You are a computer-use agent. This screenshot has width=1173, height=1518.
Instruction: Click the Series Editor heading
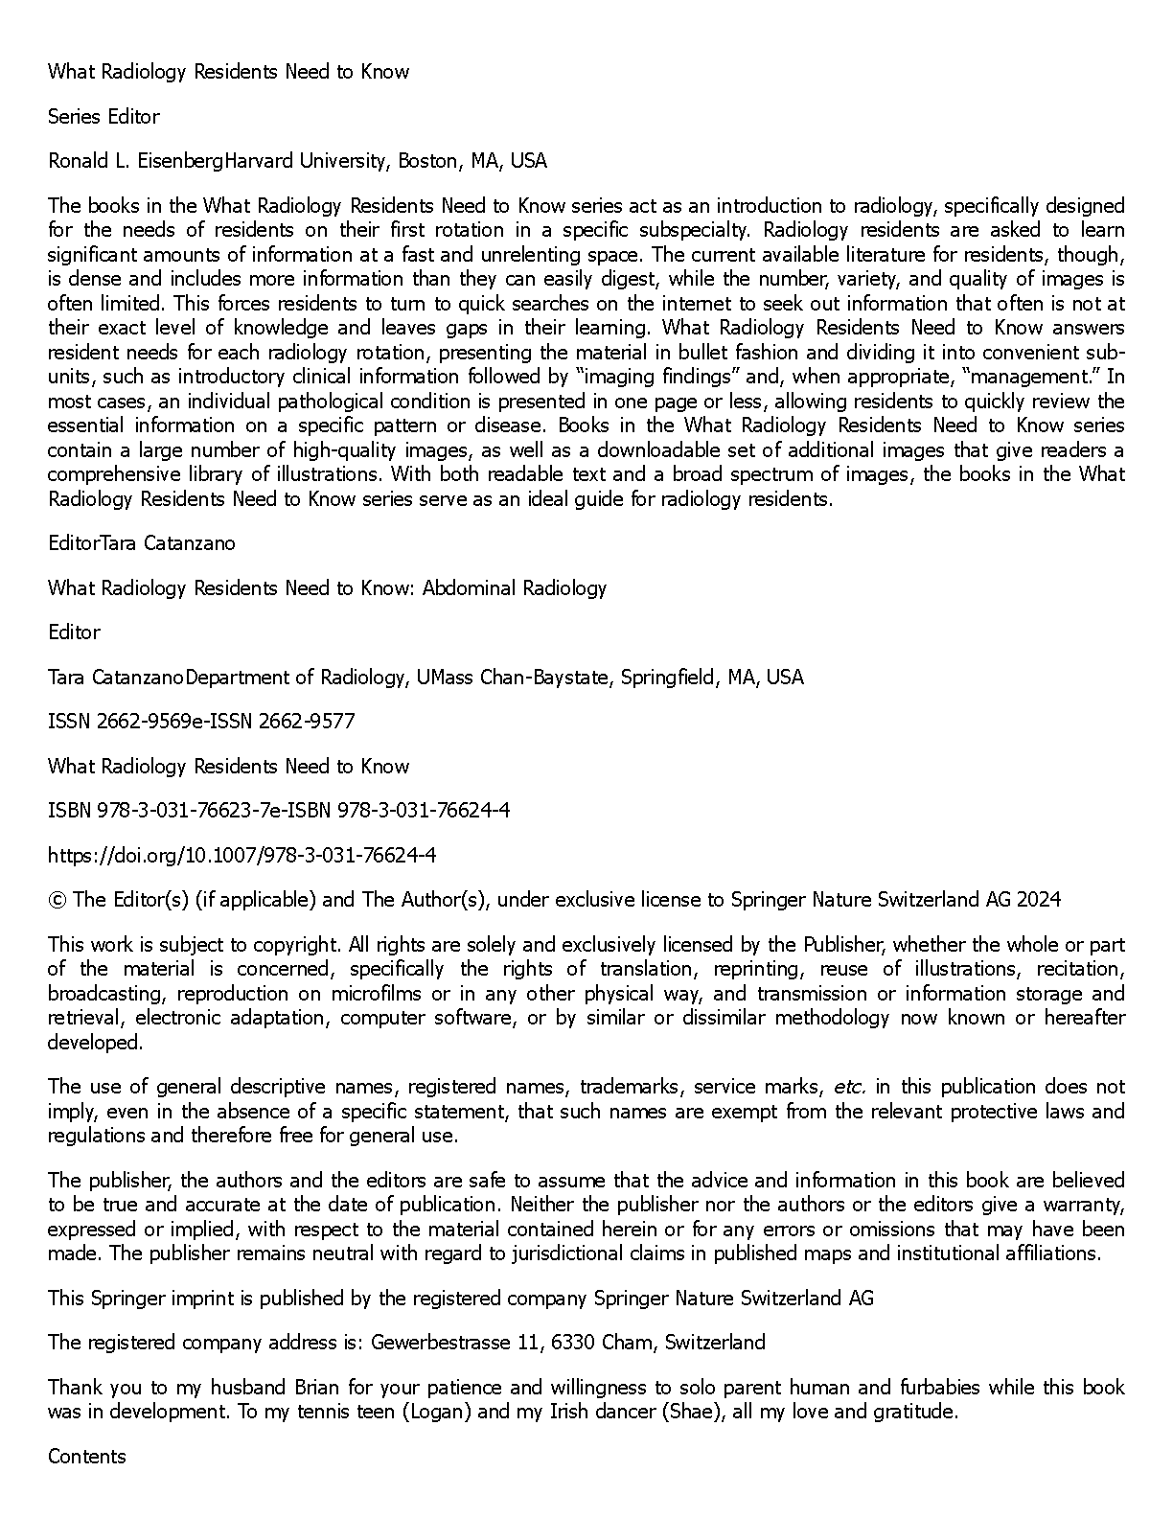point(103,117)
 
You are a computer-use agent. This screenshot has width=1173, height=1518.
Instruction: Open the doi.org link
point(242,855)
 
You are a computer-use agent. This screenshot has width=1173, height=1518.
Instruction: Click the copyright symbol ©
point(57,900)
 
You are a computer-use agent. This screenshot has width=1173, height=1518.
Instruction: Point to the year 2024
point(1039,900)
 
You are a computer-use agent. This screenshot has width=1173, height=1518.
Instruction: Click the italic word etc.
point(849,1087)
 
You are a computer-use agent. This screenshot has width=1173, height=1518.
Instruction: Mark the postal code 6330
point(571,1343)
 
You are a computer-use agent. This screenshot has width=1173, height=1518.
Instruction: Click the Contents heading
point(87,1457)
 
